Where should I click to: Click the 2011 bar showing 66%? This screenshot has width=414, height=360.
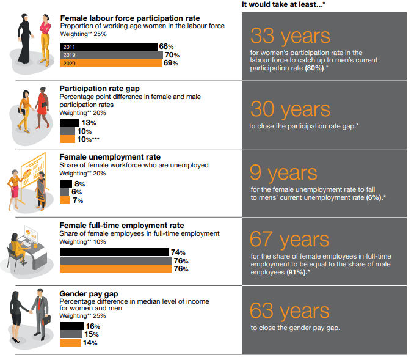[108, 46]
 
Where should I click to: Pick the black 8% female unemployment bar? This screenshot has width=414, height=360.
[65, 183]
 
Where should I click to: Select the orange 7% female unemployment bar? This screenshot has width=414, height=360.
[65, 200]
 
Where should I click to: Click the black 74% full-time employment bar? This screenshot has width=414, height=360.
[114, 252]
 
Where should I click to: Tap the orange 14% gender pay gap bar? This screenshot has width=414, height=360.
[70, 343]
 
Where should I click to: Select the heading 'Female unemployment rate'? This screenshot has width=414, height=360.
[110, 157]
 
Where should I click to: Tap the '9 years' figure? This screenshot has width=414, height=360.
[283, 173]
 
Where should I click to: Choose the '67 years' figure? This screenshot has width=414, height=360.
[290, 240]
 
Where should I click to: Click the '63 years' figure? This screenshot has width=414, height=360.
[290, 311]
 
